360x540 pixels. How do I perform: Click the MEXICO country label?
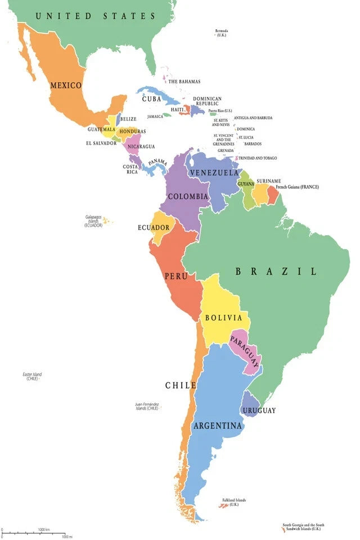point(66,85)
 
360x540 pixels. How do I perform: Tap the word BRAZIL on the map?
point(276,271)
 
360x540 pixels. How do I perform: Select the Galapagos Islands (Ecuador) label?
point(93,220)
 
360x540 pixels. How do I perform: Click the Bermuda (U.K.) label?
point(222,33)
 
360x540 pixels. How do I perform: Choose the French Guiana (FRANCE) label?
point(297,187)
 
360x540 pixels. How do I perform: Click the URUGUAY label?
point(259,411)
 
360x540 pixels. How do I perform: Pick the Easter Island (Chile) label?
point(32,376)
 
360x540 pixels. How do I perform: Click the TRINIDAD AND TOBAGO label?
point(258,158)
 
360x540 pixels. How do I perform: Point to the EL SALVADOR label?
point(101,143)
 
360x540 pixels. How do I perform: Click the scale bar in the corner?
point(34,533)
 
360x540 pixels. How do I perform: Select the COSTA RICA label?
point(130,169)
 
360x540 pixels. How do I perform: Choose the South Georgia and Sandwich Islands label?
point(303,527)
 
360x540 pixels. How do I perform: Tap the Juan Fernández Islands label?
point(147,406)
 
